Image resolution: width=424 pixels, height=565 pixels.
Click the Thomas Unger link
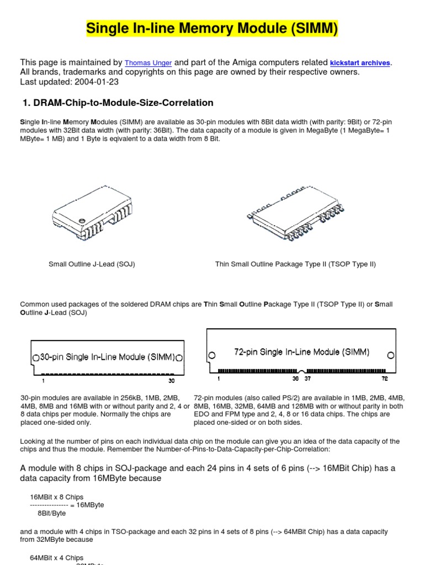[x=148, y=63]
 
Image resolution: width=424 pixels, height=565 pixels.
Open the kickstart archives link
[x=360, y=63]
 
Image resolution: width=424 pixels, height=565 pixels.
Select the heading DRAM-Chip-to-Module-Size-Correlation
[x=123, y=103]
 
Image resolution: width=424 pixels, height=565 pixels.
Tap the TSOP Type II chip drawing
[x=295, y=216]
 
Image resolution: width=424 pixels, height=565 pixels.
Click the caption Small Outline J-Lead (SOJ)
[x=92, y=264]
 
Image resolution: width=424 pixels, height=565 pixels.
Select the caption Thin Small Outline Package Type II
[x=295, y=264]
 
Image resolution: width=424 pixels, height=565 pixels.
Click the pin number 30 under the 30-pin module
[x=171, y=381]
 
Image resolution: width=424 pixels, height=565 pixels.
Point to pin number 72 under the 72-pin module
[x=385, y=379]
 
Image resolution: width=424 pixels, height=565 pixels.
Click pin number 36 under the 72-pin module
[x=295, y=379]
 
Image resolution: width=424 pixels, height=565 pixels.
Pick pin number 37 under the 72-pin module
[x=308, y=379]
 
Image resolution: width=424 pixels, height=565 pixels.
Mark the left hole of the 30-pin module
[x=36, y=357]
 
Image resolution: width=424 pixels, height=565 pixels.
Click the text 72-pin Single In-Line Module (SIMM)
[x=302, y=352]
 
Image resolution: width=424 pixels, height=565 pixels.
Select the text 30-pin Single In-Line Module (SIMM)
[x=108, y=357]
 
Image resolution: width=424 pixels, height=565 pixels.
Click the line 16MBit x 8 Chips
[x=56, y=497]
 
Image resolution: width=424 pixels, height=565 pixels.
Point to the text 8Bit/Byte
[x=52, y=513]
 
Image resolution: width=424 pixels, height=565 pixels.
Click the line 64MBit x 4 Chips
[x=56, y=558]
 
